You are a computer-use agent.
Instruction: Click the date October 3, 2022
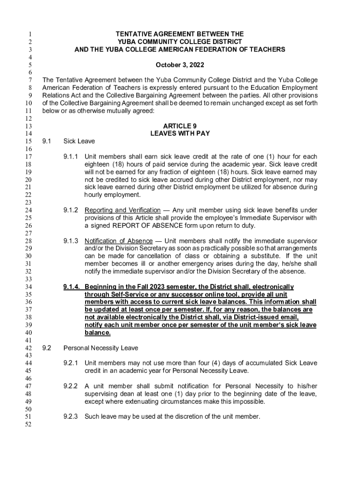[x=180, y=65]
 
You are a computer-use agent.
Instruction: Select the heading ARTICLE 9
[x=180, y=126]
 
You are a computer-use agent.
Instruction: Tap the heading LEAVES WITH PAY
[x=180, y=133]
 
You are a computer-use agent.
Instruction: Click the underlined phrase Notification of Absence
[x=118, y=240]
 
